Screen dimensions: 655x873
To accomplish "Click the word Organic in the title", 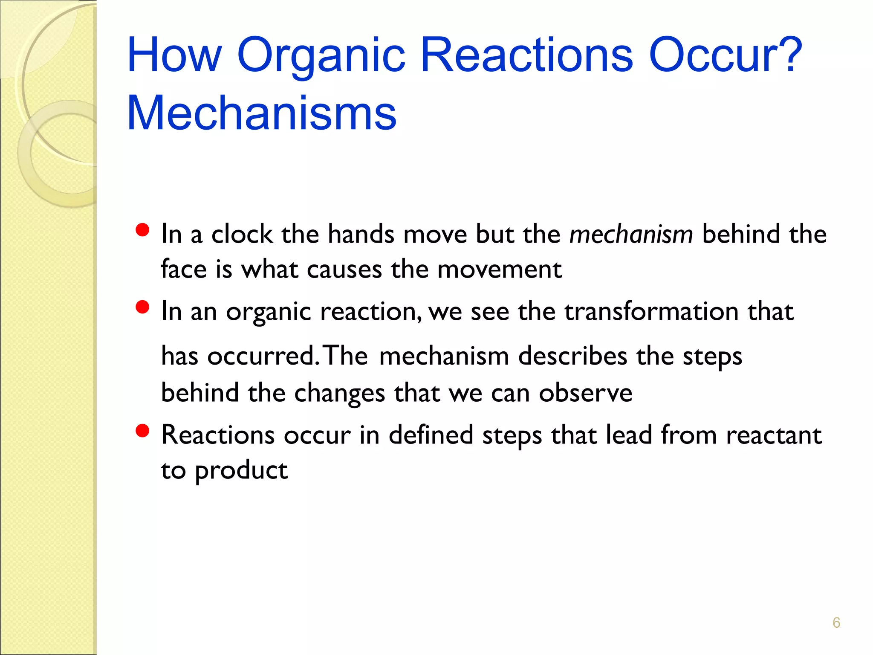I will (x=321, y=55).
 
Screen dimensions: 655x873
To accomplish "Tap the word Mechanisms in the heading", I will (x=262, y=113).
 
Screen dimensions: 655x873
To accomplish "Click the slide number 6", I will (x=836, y=623).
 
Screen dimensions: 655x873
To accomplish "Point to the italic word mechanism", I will (x=631, y=235).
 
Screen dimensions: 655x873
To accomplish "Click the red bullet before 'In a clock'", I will (x=142, y=230).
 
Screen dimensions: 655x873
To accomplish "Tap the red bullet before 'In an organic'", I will (x=142, y=307).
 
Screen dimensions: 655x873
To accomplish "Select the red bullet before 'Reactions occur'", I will (x=142, y=431).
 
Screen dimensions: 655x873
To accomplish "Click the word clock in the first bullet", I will (x=242, y=235).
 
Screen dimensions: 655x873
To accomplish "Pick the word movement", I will (x=499, y=270).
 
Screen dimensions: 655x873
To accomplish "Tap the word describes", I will (x=572, y=356).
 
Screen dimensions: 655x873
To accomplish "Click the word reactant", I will (x=774, y=435).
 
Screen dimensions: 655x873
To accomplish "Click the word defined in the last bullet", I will (x=431, y=435).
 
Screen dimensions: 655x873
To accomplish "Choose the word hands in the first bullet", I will (x=361, y=235).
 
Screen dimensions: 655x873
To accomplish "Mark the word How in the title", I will (x=174, y=55).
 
